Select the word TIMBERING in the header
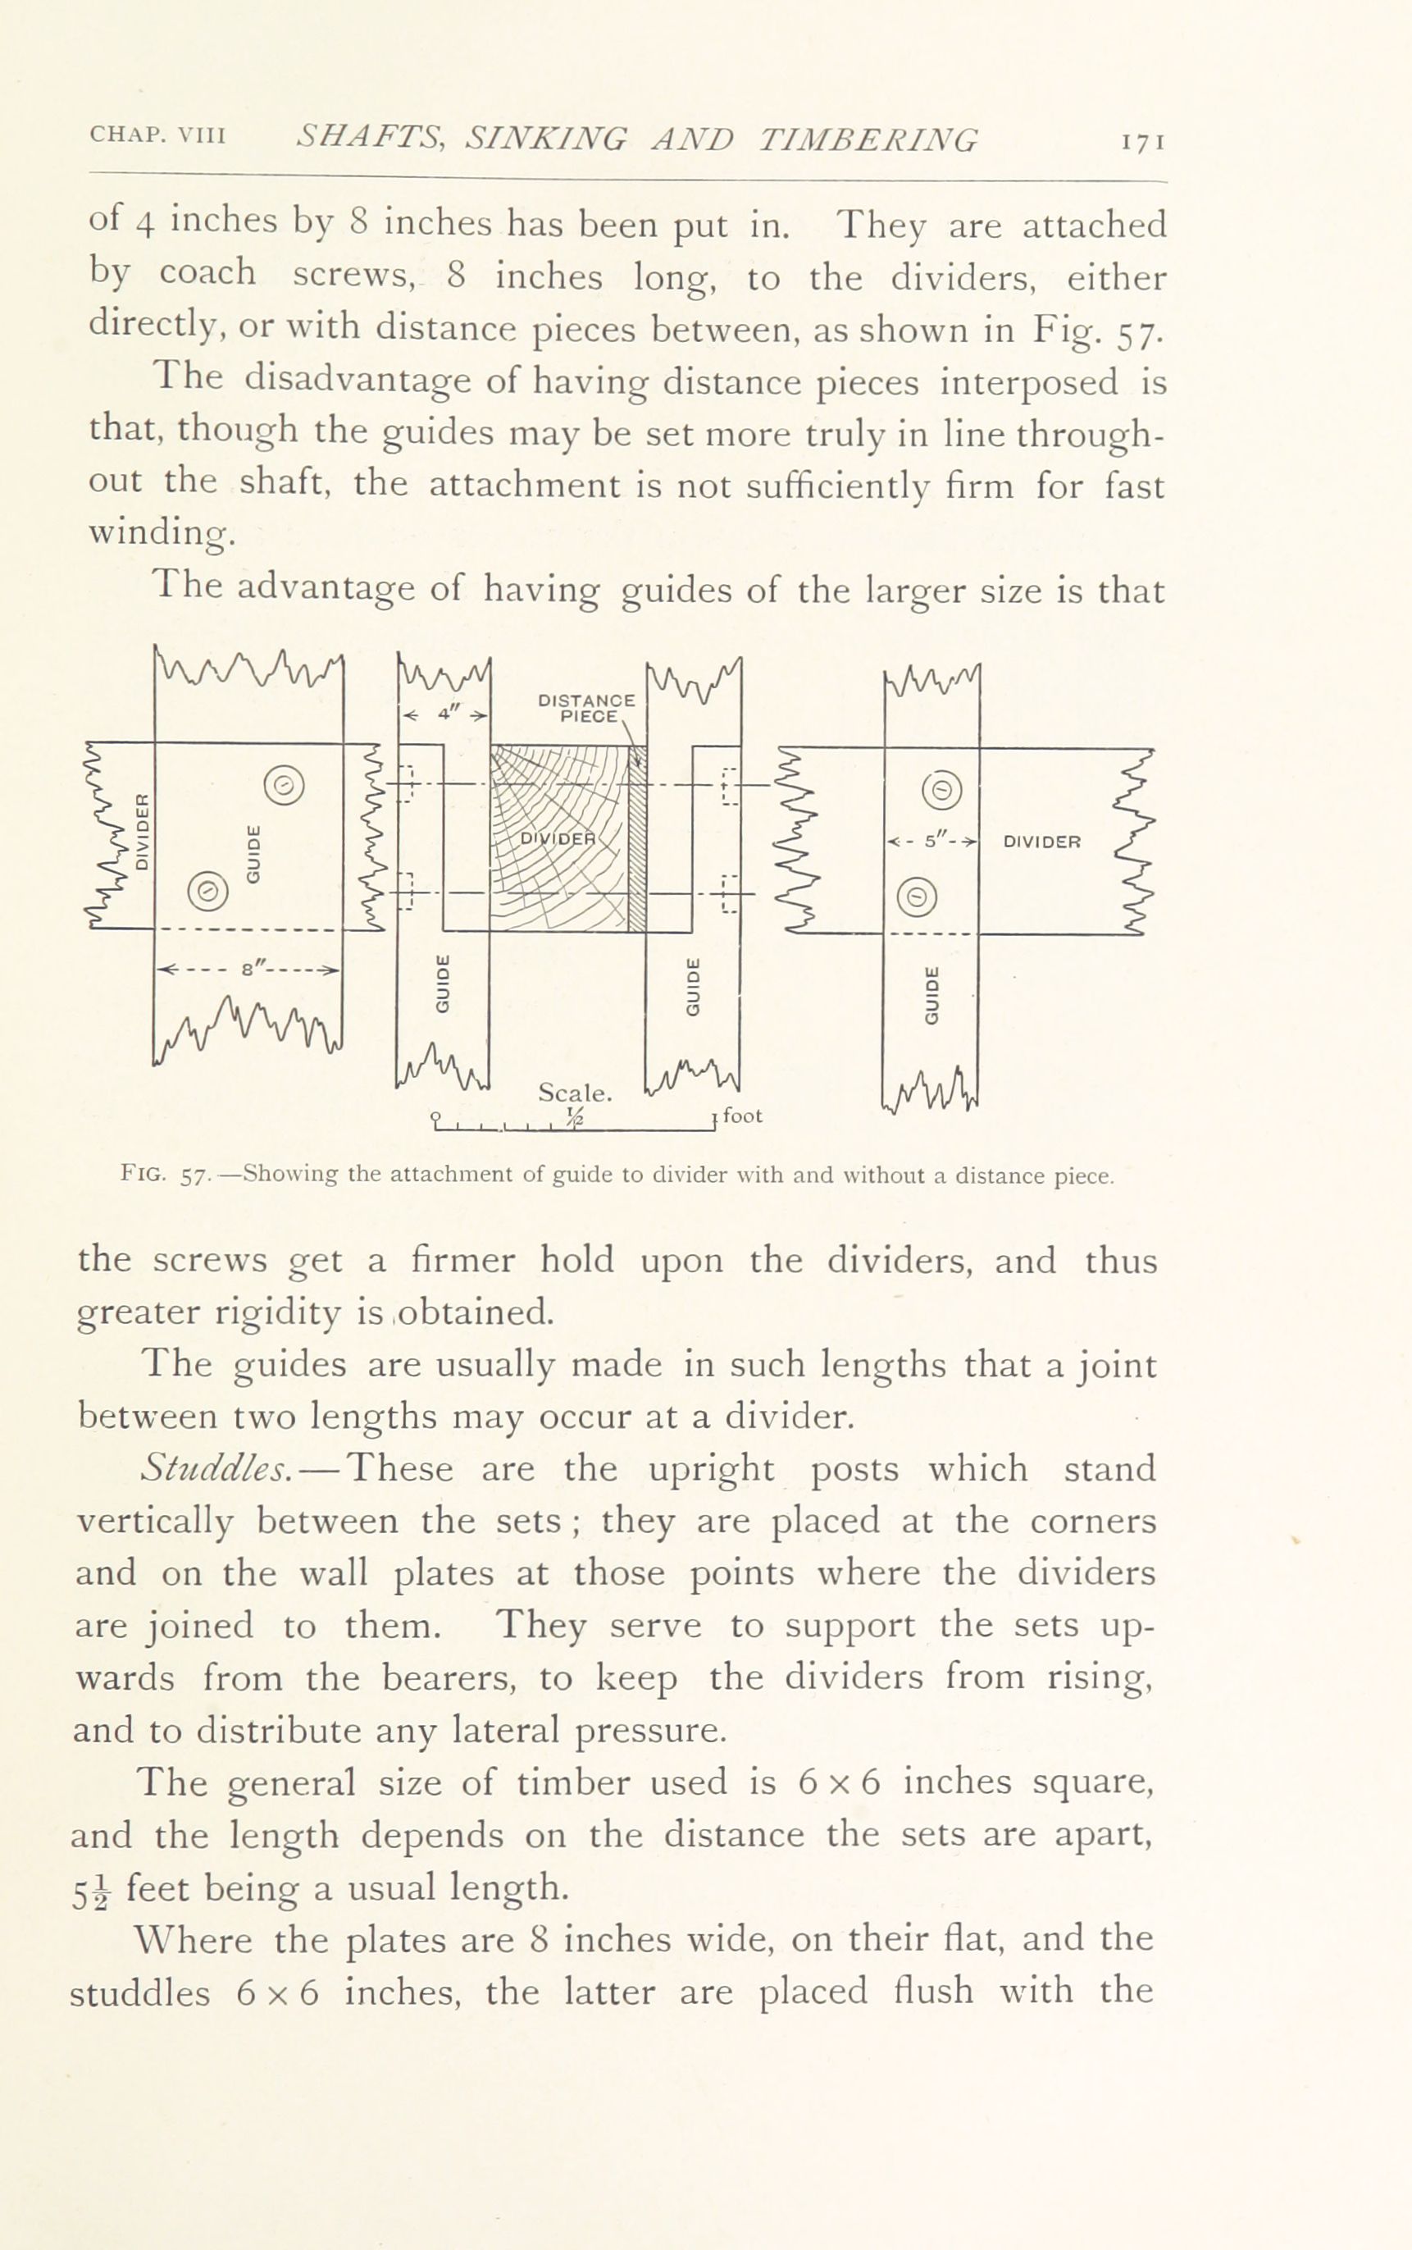point(868,139)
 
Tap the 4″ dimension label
point(444,715)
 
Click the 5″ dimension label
point(930,841)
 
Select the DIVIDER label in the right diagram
point(1041,841)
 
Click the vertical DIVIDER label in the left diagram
point(142,831)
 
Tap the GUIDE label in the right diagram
point(930,996)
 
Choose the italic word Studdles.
point(217,1469)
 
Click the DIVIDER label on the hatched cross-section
point(558,837)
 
